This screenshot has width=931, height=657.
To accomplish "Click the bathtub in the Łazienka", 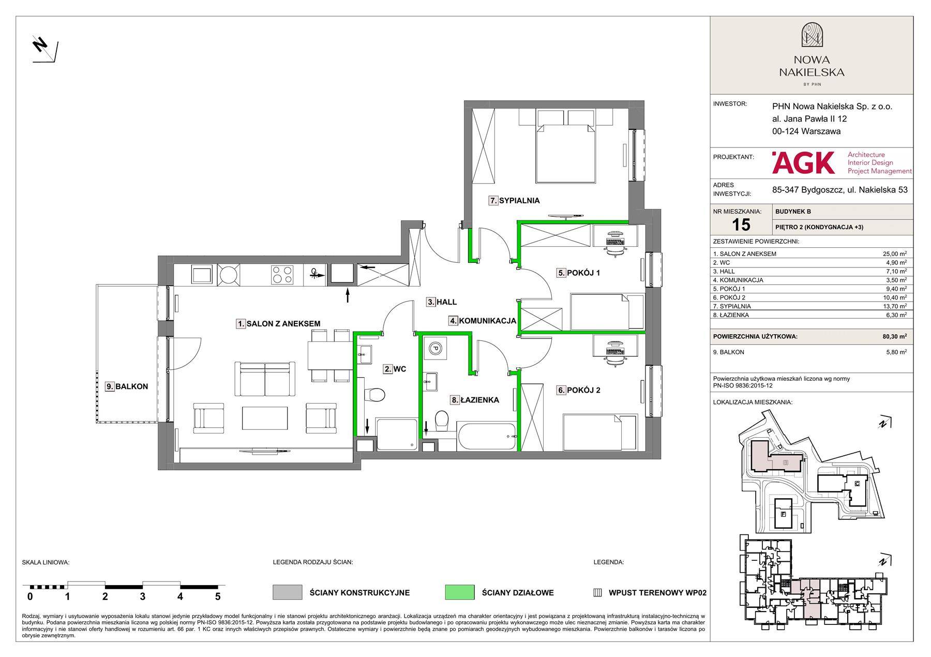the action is (487, 438).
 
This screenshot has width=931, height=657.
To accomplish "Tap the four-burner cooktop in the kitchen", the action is (282, 275).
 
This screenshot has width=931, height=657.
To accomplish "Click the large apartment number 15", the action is (741, 225).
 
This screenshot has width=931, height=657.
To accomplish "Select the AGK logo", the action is (803, 162).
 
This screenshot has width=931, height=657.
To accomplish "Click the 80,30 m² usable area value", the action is (894, 336).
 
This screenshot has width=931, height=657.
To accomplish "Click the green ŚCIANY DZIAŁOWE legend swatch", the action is (460, 593).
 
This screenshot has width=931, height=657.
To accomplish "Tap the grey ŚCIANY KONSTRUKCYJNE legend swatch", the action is (288, 593).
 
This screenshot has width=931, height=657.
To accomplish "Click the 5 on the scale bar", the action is (218, 596).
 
